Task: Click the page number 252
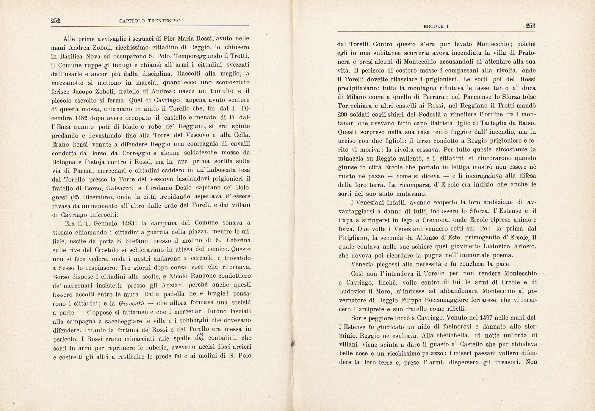tap(56, 21)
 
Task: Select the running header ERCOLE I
tap(436, 26)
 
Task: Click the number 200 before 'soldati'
tap(343, 114)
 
